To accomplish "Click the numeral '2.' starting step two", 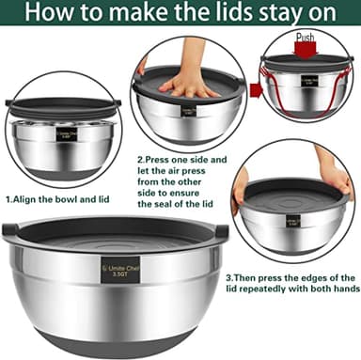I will (x=142, y=160).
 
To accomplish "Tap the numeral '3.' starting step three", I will (x=228, y=278).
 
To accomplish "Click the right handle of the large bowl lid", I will (x=222, y=229).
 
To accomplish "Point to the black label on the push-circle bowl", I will (x=309, y=82).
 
